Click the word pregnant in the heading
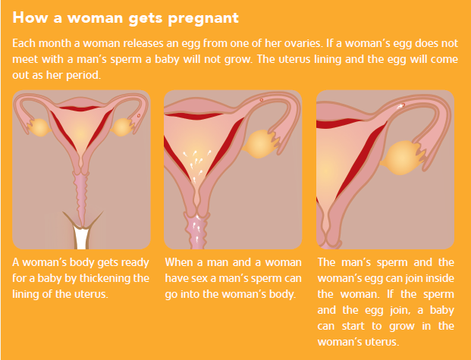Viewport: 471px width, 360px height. pos(203,19)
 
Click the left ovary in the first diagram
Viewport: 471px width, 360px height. pos(39,127)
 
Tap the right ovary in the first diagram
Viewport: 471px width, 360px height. pos(121,127)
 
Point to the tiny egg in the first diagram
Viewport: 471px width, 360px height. pos(139,116)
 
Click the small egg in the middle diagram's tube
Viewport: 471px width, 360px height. pos(262,100)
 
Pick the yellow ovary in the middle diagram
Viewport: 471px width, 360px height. pos(259,144)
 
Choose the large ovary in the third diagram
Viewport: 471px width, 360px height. pos(401,158)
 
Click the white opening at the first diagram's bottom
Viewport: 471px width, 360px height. pos(81,237)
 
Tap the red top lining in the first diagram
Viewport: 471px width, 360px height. pos(80,108)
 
